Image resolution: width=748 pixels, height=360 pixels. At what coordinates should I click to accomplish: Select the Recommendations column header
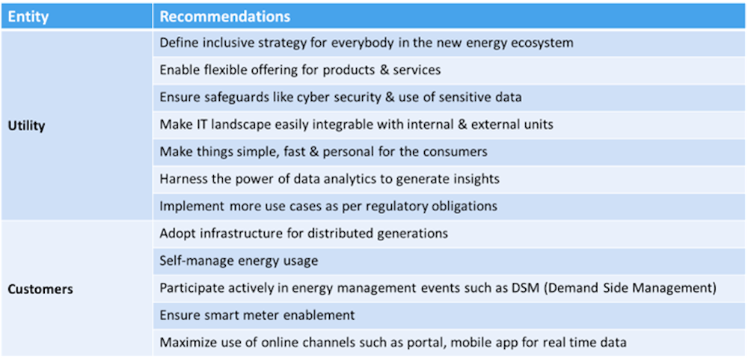point(224,16)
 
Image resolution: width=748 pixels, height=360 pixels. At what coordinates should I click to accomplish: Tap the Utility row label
point(27,126)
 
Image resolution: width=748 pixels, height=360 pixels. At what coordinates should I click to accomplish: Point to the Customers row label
point(40,290)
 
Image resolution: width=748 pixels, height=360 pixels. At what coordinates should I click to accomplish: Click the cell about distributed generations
point(304,234)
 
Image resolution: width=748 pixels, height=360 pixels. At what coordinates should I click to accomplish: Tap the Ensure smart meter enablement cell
point(257,315)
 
